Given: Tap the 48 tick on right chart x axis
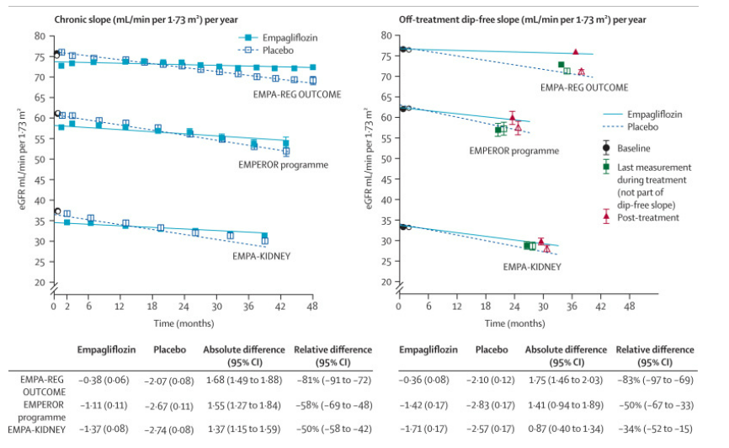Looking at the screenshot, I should click(x=628, y=307).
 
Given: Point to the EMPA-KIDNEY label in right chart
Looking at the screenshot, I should click(x=532, y=267).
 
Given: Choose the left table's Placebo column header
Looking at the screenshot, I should click(x=169, y=349).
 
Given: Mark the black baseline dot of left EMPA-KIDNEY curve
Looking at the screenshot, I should click(x=57, y=211).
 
